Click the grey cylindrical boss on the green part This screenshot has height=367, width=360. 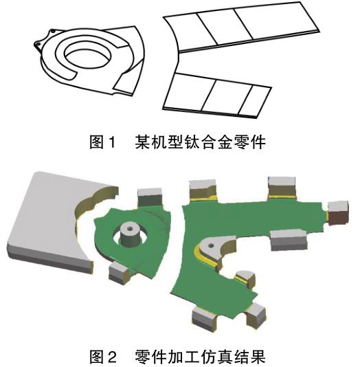[x=129, y=236]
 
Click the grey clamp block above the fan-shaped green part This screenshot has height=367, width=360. [x=150, y=197]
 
